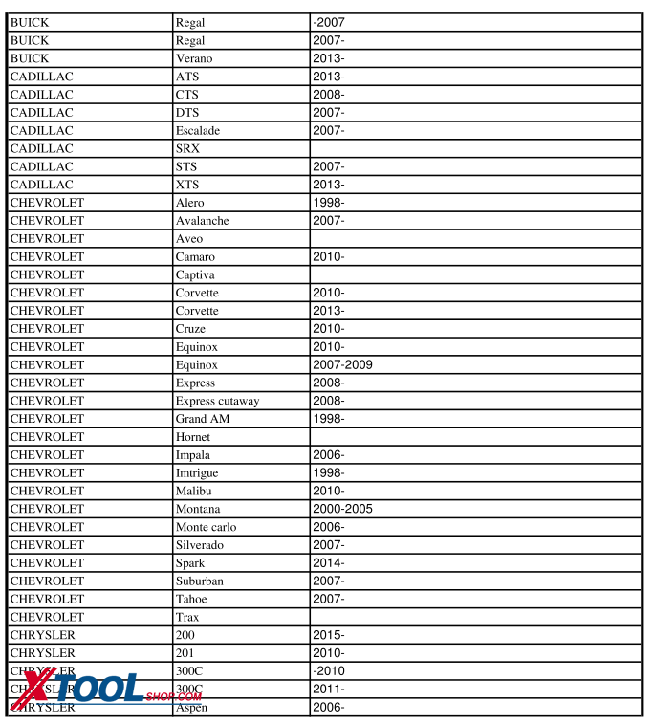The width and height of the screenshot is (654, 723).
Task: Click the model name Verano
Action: (194, 58)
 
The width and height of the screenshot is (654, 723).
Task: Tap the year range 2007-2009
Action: (342, 364)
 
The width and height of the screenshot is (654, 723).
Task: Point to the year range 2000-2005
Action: (342, 509)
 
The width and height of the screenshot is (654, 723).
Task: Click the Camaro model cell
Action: (195, 256)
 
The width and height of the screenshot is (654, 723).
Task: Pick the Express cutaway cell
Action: (217, 401)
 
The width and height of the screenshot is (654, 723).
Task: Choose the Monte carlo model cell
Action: (206, 527)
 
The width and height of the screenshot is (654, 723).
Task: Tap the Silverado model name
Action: (199, 545)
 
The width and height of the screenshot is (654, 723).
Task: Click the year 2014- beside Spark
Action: (328, 563)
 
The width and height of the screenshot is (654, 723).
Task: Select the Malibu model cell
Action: (194, 491)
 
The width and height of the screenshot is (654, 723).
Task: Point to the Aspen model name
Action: (191, 707)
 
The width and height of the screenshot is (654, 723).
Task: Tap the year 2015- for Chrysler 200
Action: (328, 635)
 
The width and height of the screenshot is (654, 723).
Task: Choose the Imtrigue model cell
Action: (199, 472)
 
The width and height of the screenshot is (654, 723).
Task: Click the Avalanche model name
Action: (202, 221)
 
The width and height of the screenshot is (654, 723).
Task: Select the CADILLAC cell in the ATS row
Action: (42, 77)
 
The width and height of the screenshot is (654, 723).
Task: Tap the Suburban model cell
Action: (199, 581)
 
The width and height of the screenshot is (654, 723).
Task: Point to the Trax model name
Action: (187, 617)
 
